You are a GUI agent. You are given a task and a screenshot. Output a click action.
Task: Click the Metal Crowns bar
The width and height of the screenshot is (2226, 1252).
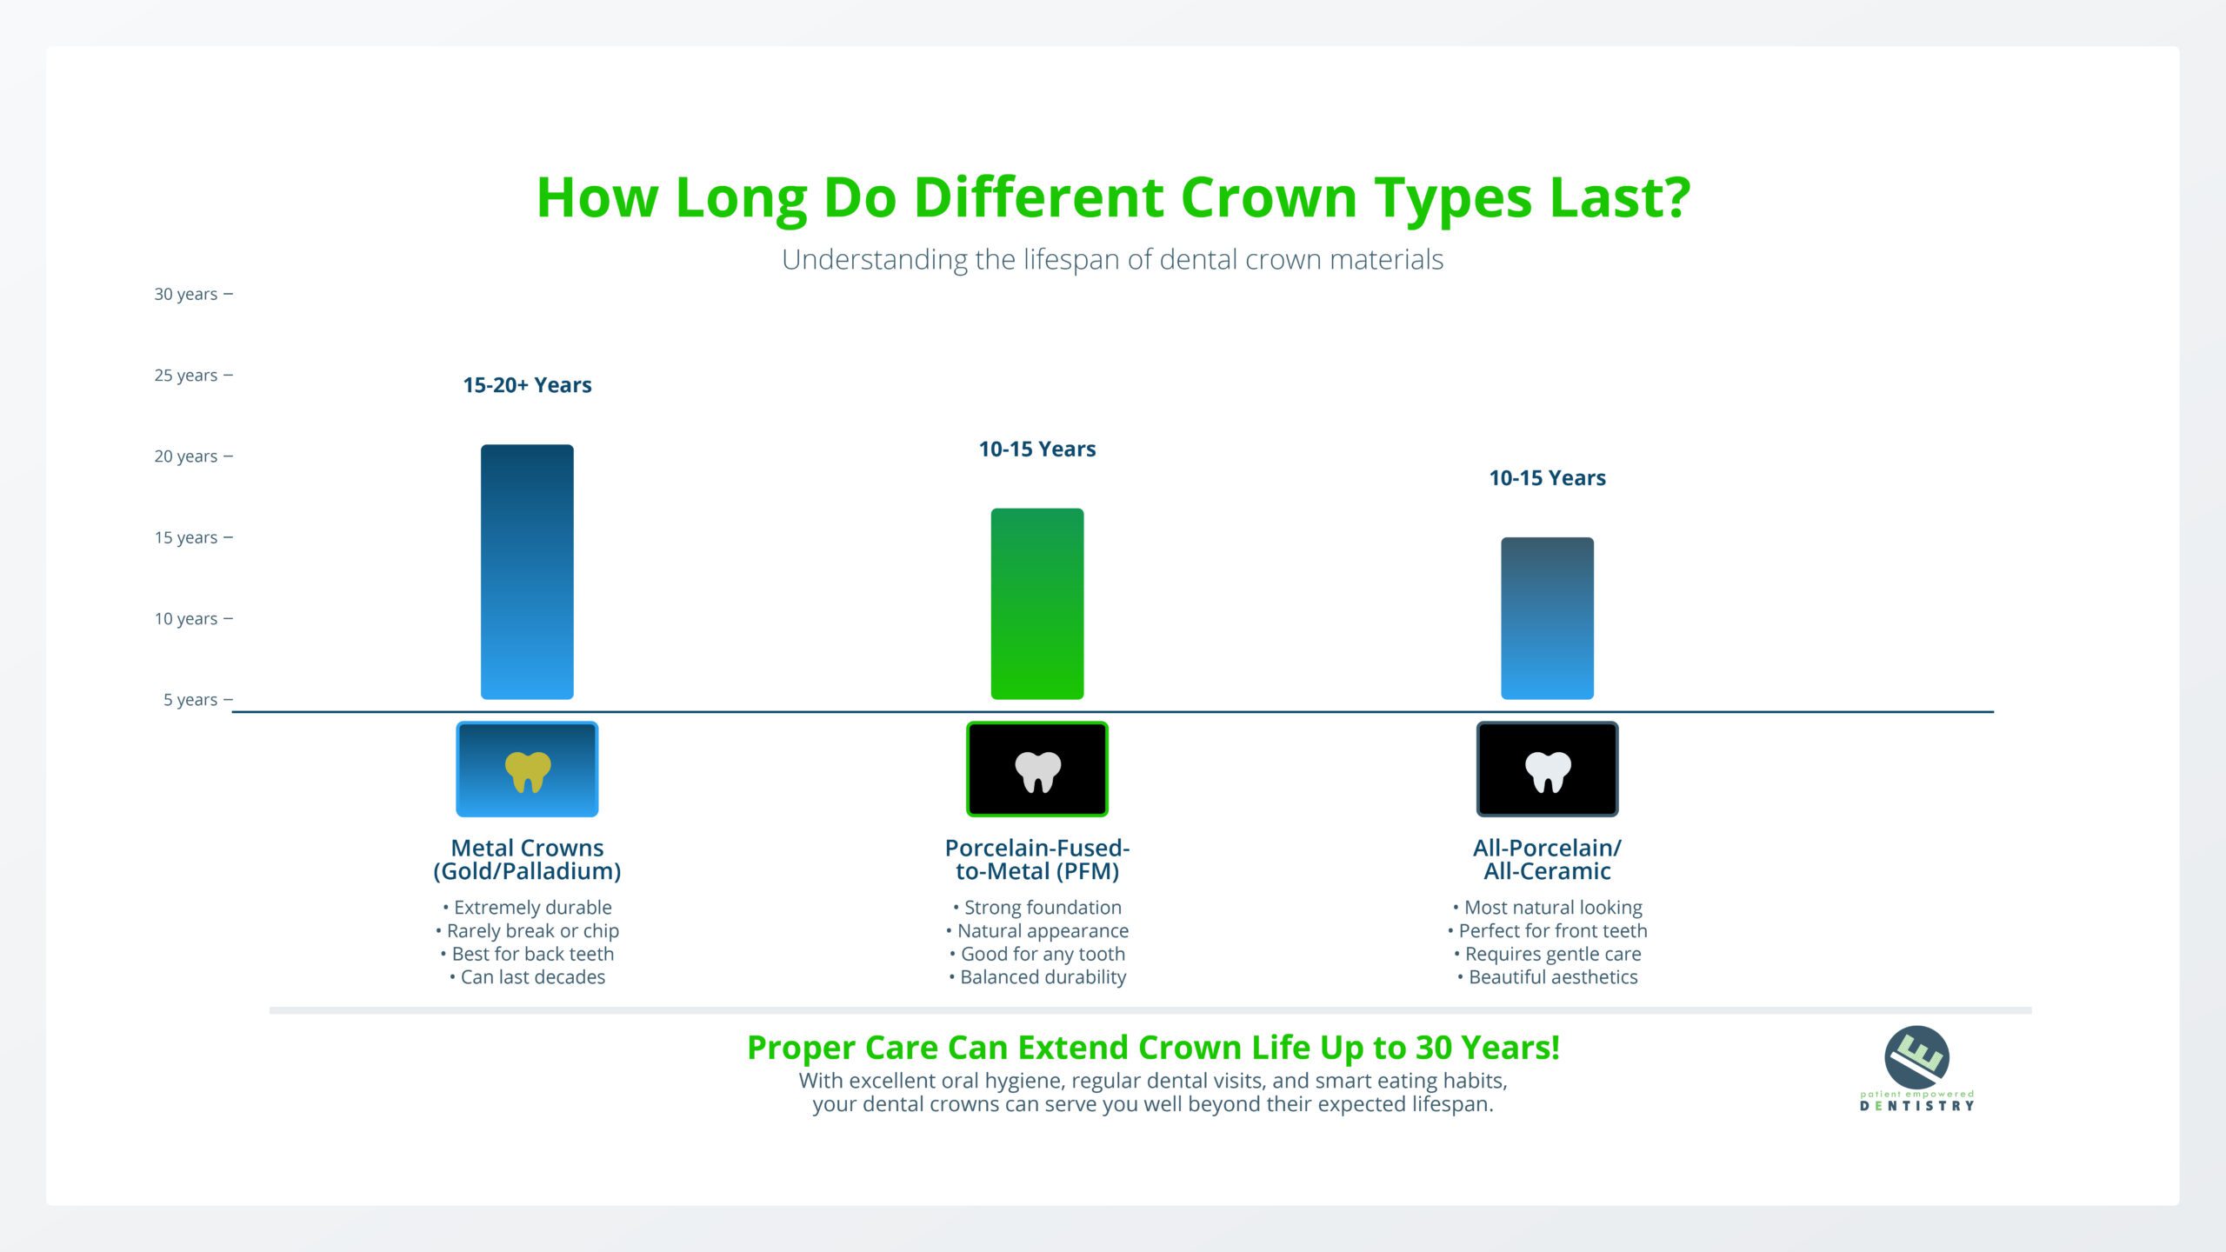(x=527, y=572)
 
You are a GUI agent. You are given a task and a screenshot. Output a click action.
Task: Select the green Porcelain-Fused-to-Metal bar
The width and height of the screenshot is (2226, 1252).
(x=1037, y=604)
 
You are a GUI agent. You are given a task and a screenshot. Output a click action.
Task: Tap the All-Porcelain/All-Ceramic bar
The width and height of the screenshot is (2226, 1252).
(x=1548, y=618)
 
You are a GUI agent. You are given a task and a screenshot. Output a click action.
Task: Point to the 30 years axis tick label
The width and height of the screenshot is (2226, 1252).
(x=186, y=294)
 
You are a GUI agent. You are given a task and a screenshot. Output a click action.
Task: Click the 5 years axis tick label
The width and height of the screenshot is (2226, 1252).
(x=190, y=700)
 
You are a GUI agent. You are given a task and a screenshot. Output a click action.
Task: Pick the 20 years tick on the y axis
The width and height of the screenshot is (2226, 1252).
(x=229, y=456)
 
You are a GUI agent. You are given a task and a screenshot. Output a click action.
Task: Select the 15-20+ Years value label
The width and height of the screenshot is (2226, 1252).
(x=527, y=385)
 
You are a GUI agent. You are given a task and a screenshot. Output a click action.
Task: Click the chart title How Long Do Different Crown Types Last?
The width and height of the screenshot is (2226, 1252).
(x=1113, y=198)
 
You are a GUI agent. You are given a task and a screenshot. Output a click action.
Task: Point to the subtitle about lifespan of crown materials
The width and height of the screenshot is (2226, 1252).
(x=1113, y=260)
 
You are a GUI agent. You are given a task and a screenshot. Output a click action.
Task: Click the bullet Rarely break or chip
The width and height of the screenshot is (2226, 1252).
(x=527, y=930)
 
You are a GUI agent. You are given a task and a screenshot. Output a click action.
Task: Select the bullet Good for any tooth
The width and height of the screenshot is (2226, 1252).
(x=1037, y=954)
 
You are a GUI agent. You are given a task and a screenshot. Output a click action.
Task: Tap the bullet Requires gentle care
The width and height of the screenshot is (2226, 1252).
(x=1548, y=954)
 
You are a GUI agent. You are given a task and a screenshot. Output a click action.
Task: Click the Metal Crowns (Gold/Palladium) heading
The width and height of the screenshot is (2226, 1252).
(x=527, y=860)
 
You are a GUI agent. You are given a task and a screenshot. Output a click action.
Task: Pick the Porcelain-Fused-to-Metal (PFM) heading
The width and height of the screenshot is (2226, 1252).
(x=1037, y=860)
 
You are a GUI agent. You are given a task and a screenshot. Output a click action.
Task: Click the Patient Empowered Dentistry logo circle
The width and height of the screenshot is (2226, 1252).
(x=1916, y=1057)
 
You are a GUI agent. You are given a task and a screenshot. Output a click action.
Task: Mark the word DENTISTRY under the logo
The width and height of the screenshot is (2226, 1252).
(x=1916, y=1106)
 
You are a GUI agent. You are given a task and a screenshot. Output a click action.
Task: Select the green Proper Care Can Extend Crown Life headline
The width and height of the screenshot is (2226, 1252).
(x=1154, y=1049)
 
